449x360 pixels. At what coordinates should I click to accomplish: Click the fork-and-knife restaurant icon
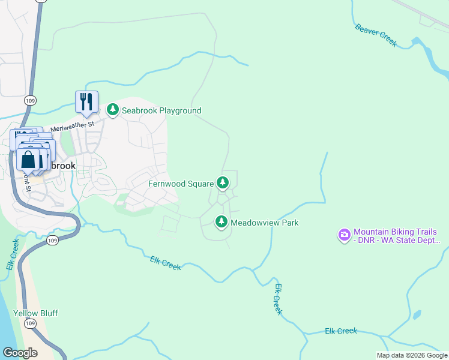point(86,101)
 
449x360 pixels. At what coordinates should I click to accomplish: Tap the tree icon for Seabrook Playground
point(112,110)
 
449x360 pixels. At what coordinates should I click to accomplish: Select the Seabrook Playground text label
point(161,110)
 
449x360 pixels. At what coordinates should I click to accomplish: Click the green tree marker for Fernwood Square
point(223,182)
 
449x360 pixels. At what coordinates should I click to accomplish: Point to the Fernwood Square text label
point(181,183)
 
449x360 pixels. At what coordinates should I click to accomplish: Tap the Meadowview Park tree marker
point(221,222)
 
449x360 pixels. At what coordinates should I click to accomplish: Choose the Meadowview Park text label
point(265,223)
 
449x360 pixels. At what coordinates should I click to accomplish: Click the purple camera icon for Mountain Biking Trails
point(345,235)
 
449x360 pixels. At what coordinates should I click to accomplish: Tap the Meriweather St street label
point(73,127)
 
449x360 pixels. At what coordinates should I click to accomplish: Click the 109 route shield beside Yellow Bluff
point(30,324)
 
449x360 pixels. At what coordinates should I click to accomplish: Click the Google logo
point(19,353)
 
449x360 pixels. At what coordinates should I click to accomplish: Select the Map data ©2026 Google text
point(412,355)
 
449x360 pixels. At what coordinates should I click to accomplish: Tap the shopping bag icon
point(28,160)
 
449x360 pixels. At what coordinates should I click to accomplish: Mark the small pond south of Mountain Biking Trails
point(417,315)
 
